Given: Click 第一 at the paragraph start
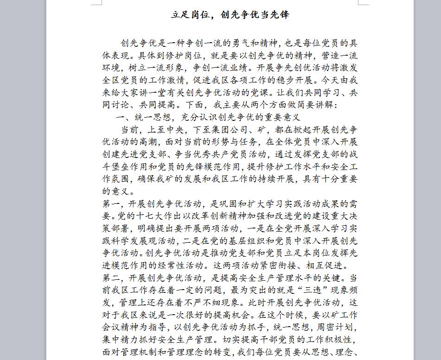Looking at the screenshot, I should pyautogui.click(x=112, y=203).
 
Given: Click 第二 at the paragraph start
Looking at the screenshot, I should pyautogui.click(x=112, y=278).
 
